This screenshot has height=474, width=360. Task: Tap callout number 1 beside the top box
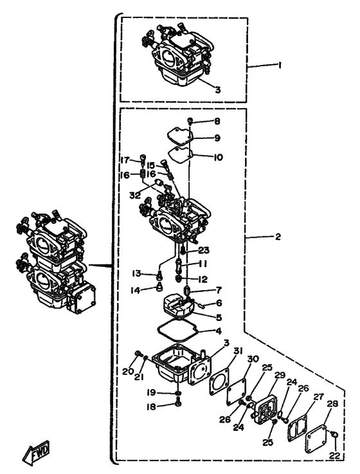pos(280,65)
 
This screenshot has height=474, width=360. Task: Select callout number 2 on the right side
pos(278,237)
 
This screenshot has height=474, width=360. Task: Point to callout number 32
pos(135,196)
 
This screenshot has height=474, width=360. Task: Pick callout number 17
pos(125,160)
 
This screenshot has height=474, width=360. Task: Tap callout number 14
pos(135,291)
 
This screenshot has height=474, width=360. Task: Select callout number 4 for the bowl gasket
pos(218,331)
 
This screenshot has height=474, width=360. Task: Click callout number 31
pos(238,351)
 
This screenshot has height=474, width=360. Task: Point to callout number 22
pos(335,456)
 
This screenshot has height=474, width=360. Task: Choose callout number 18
pos(150,407)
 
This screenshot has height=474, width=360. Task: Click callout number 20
pos(128,372)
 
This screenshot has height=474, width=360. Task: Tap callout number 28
pos(332,403)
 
